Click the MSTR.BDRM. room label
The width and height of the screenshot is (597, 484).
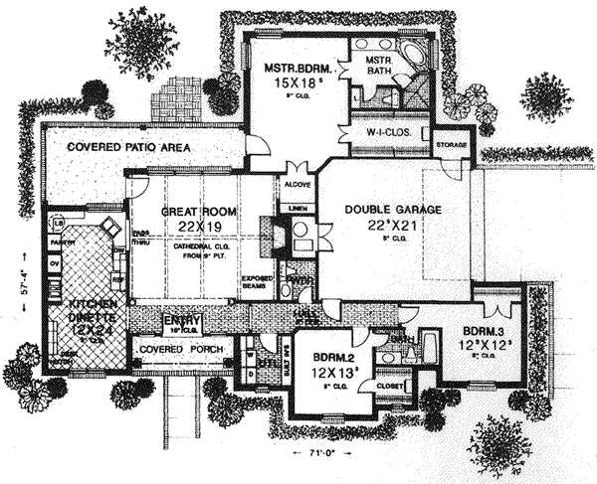click(x=289, y=69)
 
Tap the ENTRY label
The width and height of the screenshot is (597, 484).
click(x=185, y=320)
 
